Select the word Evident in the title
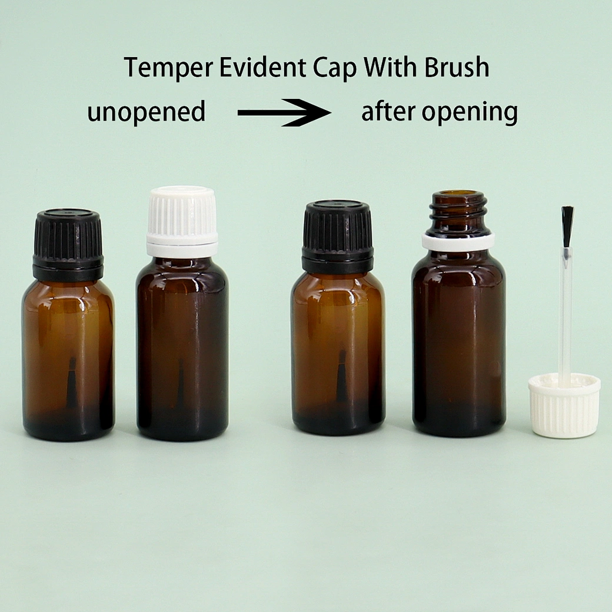pyautogui.click(x=262, y=67)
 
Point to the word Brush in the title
pyautogui.click(x=457, y=67)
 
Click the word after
pyautogui.click(x=388, y=111)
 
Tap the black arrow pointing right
pyautogui.click(x=285, y=113)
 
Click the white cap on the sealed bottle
pyautogui.click(x=182, y=222)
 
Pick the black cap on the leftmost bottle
pyautogui.click(x=68, y=245)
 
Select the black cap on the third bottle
pyautogui.click(x=338, y=237)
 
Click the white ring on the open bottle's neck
pyautogui.click(x=458, y=241)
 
